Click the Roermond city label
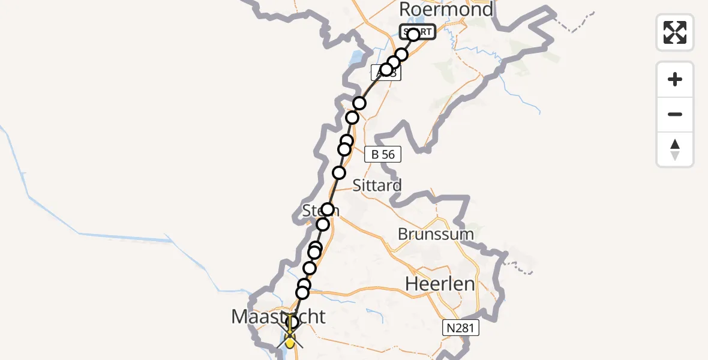[x=446, y=10]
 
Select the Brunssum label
[x=436, y=233]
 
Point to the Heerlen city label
[x=440, y=283]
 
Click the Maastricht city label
[x=278, y=316]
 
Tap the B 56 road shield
[x=383, y=154]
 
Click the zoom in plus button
[x=675, y=79]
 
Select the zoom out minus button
[x=675, y=114]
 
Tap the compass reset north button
[x=675, y=149]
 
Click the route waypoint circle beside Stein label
[x=328, y=209]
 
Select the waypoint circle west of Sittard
[x=339, y=173]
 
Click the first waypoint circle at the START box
[x=413, y=35]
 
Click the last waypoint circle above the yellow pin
[x=293, y=322]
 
